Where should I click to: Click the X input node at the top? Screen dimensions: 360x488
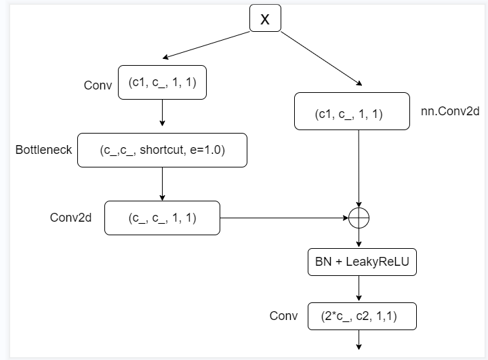pos(265,19)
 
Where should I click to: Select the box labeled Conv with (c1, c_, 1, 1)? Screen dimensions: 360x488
pos(162,83)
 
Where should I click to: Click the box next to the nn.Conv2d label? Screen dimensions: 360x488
pos(351,111)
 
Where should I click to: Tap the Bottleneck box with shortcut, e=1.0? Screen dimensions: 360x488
pos(162,150)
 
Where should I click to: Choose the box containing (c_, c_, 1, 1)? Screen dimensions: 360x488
pos(162,218)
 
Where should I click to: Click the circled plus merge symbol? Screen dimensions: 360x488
pos(358,218)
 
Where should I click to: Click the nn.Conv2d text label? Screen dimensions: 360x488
pos(450,111)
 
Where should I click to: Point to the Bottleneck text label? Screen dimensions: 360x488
pos(44,150)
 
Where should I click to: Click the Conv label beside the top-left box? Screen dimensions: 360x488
pos(98,85)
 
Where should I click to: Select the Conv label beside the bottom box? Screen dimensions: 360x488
pos(284,316)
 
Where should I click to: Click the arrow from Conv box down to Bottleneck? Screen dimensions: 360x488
pos(162,113)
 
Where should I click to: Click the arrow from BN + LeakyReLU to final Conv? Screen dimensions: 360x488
pos(359,289)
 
